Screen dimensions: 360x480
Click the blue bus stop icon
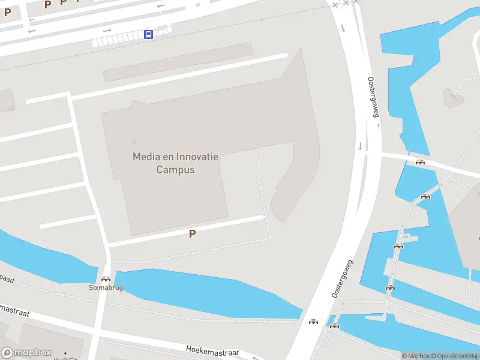148,34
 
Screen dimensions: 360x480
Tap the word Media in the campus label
146,157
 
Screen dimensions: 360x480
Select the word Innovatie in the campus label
197,157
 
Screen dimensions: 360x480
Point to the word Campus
176,170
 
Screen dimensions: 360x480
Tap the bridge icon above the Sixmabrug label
106,278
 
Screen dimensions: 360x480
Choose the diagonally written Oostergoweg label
343,278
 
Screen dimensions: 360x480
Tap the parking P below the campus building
192,234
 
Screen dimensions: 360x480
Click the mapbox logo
26,353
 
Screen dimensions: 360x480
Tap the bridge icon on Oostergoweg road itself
313,322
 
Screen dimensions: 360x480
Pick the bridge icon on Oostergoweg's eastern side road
420,161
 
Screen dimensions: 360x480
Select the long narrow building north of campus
178,62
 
